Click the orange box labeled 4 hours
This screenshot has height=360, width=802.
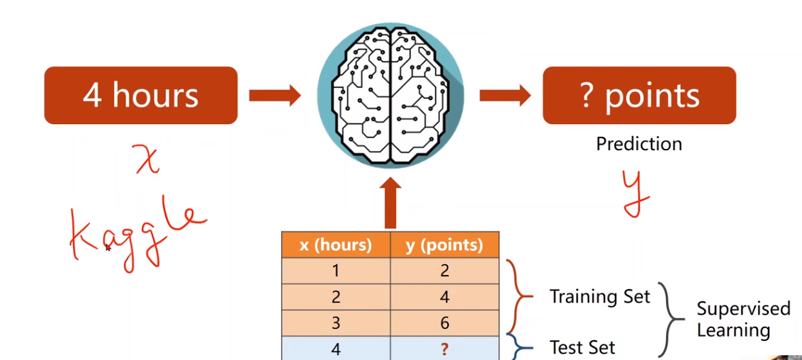coord(140,96)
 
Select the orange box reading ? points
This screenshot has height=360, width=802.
coord(639,96)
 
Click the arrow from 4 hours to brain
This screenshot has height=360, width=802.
coord(275,96)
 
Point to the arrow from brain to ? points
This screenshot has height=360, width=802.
coord(504,96)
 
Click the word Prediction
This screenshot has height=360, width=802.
coord(638,144)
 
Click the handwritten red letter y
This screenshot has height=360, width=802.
coord(636,191)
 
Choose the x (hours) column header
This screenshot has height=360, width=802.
coord(336,245)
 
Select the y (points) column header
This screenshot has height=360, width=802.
coord(444,245)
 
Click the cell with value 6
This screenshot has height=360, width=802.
coord(444,323)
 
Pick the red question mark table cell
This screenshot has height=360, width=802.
coord(444,349)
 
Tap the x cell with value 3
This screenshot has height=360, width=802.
coord(336,323)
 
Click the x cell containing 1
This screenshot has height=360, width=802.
coord(336,271)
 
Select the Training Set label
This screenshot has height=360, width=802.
coord(599,296)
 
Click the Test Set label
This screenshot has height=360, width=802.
coord(582,347)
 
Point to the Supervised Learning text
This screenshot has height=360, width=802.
coord(742,320)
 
